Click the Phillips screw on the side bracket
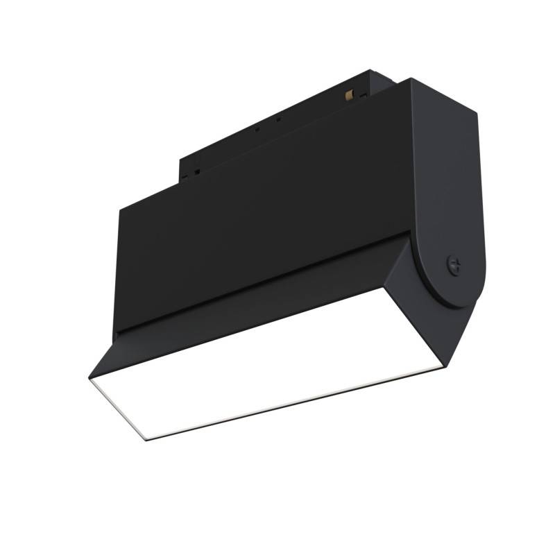(x=455, y=264)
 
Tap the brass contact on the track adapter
(x=351, y=92)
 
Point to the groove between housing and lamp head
(x=257, y=281)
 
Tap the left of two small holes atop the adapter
(x=257, y=128)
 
